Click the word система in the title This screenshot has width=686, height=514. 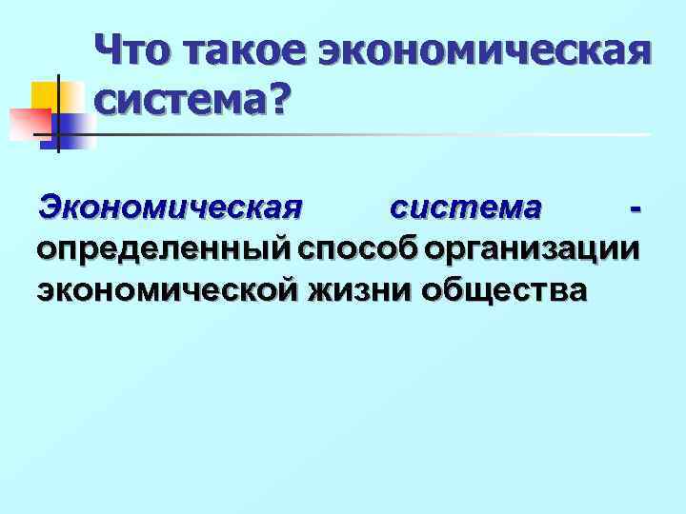[177, 98]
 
